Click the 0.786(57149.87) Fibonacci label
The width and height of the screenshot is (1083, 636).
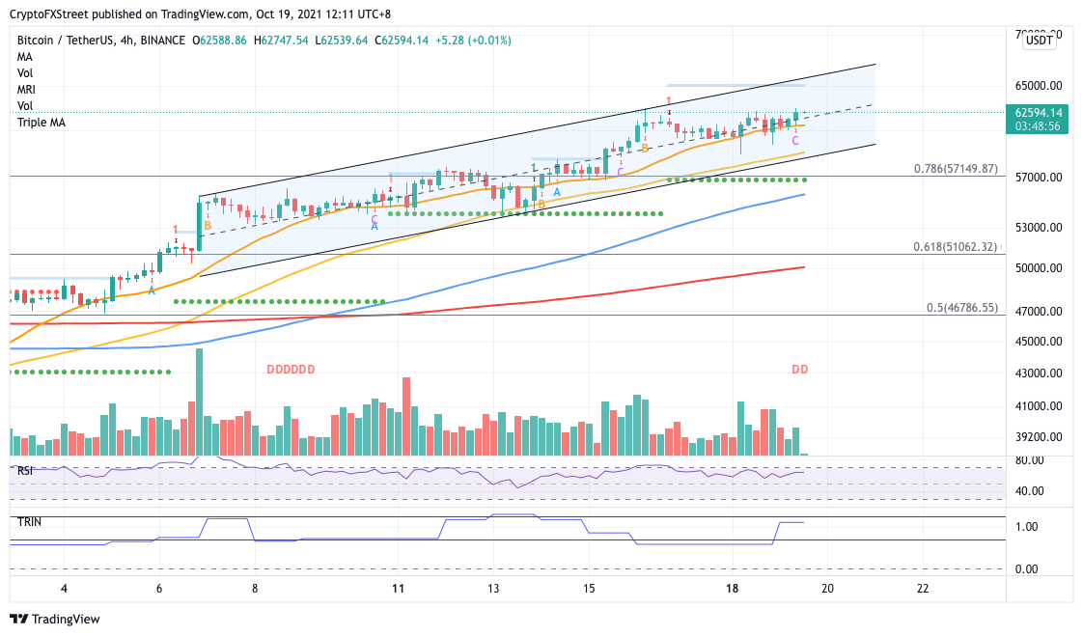956,168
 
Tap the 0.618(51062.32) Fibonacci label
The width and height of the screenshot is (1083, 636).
956,247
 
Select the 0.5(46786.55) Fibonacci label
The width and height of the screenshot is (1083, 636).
961,308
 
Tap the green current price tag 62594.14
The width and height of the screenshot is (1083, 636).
1039,112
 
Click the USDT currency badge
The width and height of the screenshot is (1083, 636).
1039,40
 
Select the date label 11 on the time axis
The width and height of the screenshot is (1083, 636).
397,588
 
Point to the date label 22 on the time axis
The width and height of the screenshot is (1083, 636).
923,588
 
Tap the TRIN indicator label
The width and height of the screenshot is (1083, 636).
28,521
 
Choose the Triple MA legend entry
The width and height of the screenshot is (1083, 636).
42,123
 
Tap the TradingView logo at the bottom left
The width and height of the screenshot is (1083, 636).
55,619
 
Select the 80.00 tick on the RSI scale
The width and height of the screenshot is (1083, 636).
1028,460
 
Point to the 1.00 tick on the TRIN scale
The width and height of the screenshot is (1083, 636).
1026,527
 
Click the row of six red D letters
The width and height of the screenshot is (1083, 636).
291,370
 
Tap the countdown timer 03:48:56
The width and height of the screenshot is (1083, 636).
1039,125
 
